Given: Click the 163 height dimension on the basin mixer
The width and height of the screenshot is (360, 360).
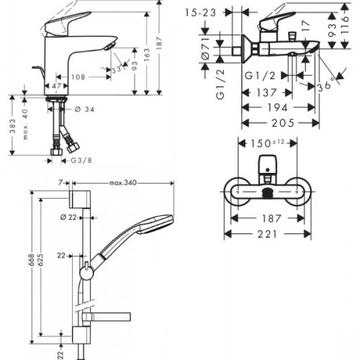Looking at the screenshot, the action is coord(147,55).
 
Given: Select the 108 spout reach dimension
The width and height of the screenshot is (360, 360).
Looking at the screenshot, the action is coord(78,77).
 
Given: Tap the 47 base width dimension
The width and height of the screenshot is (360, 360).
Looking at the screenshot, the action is coord(57,86).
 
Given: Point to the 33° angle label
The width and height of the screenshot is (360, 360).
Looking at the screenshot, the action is coord(117,70).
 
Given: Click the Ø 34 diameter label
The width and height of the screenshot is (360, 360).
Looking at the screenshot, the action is coord(85,109).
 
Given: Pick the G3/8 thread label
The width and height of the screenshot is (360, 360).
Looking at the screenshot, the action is coord(81,161).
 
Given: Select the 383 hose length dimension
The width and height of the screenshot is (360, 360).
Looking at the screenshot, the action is coord(12,126).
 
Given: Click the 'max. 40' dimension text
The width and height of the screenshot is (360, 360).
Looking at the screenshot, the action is coord(25,124).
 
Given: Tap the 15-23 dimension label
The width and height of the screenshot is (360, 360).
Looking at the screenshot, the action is coord(201,13).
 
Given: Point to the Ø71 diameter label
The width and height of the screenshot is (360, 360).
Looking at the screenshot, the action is coord(206,48).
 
